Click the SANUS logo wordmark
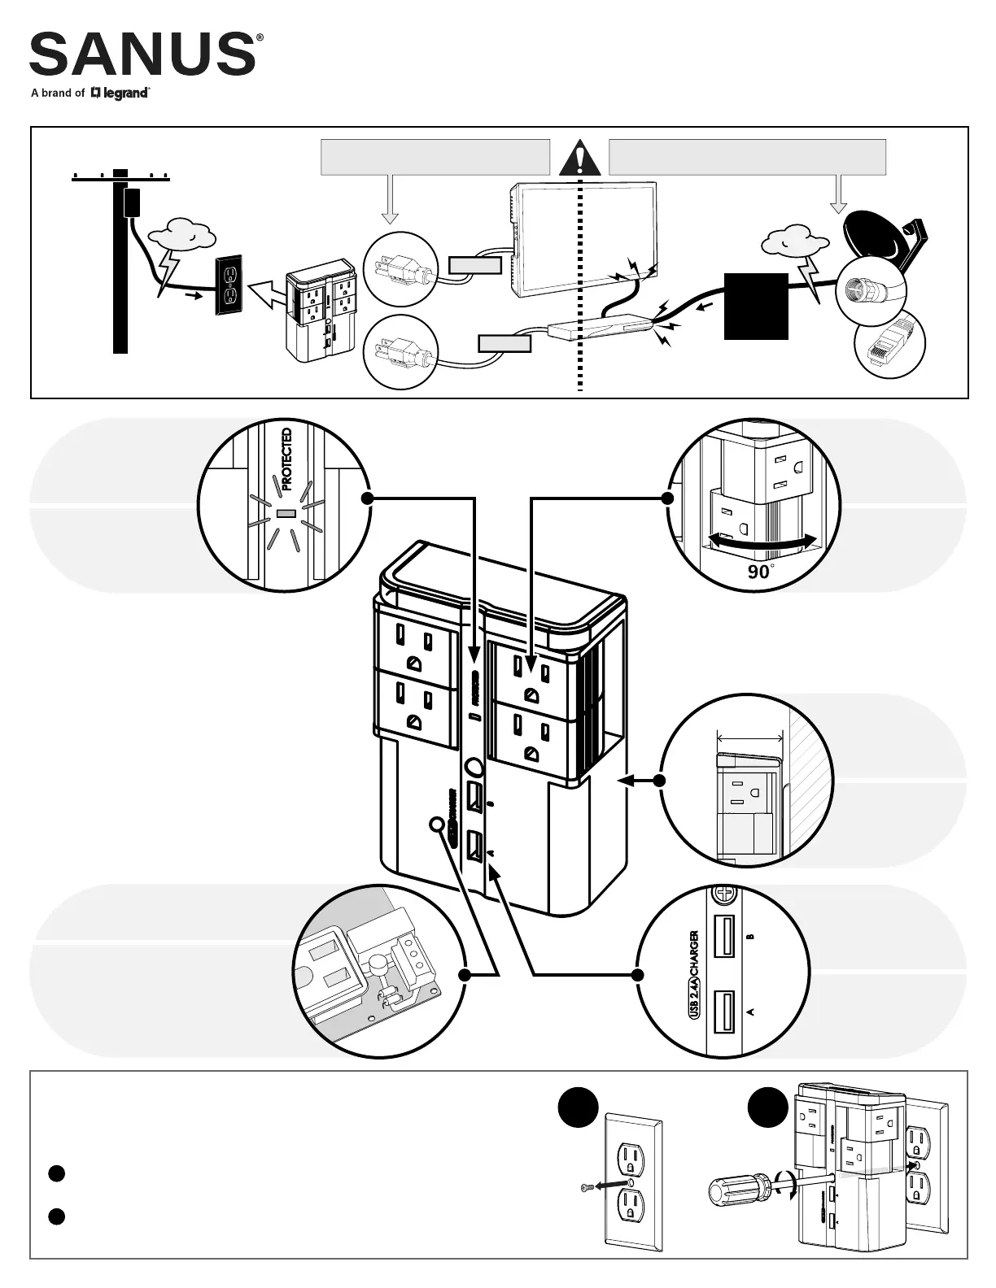(x=142, y=54)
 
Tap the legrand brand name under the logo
(x=124, y=94)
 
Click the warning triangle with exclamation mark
(x=579, y=159)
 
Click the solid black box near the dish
(x=756, y=306)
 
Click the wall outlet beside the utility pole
(x=229, y=285)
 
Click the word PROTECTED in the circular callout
(x=286, y=460)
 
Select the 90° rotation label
(x=759, y=572)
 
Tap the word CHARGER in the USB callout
(x=693, y=957)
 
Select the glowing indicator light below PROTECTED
(x=286, y=514)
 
